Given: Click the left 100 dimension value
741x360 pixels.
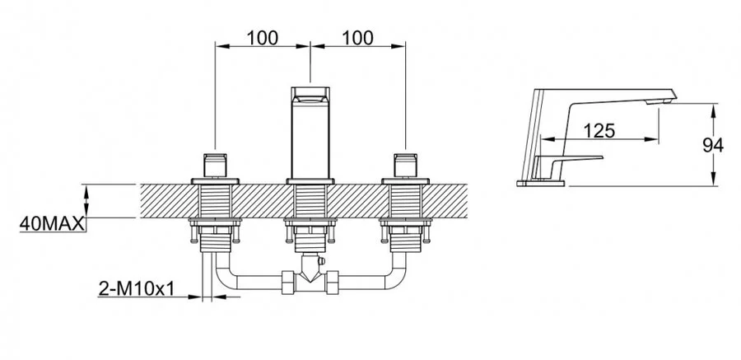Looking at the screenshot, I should [262, 37].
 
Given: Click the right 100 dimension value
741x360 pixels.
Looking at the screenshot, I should [357, 37].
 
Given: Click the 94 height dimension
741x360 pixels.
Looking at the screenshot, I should [712, 146].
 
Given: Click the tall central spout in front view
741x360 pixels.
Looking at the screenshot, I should [310, 136].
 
